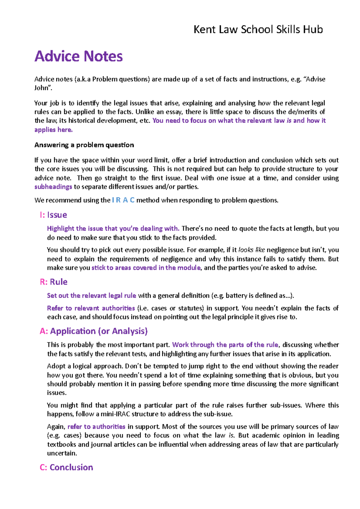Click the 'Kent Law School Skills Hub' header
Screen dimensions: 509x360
(x=258, y=29)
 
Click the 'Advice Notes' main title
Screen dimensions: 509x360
(x=79, y=56)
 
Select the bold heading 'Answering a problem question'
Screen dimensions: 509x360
(x=84, y=145)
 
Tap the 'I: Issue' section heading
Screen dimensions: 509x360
(x=53, y=215)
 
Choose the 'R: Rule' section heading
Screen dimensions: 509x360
(x=53, y=282)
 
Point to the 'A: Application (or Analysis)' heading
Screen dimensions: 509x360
(x=94, y=331)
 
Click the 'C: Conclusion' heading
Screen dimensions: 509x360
(x=66, y=467)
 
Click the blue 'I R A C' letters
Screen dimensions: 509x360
(x=123, y=200)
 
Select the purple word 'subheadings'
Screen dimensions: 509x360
(x=53, y=187)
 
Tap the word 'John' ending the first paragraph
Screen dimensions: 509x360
(x=41, y=88)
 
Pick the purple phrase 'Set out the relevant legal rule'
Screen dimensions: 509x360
(x=91, y=296)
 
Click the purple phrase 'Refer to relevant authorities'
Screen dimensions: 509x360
(x=91, y=308)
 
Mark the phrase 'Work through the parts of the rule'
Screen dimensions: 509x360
(x=225, y=345)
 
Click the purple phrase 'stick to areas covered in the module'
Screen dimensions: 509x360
(x=146, y=268)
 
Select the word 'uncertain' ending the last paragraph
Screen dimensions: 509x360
(x=61, y=453)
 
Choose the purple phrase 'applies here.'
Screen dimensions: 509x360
(x=53, y=130)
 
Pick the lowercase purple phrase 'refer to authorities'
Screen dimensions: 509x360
(x=96, y=427)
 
